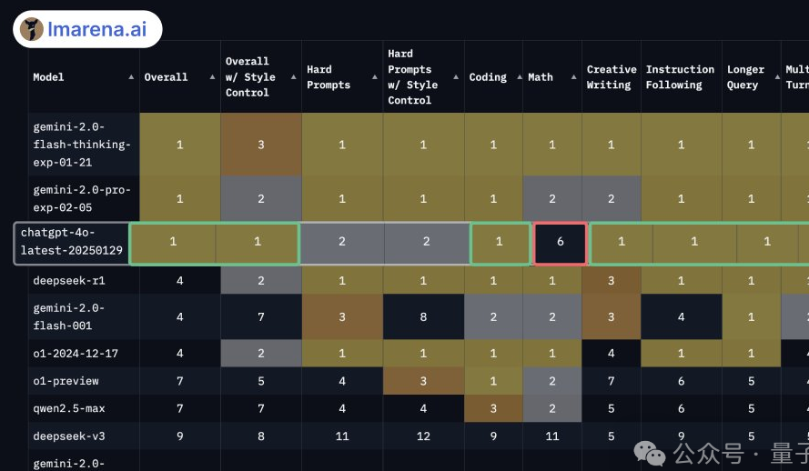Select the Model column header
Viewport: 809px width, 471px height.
tap(48, 77)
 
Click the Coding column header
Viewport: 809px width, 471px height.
tap(488, 77)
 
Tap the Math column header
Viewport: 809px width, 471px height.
tap(541, 77)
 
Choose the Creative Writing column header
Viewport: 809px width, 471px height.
tap(611, 77)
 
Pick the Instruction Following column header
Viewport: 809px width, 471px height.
tap(680, 77)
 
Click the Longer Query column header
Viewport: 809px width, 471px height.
tap(745, 77)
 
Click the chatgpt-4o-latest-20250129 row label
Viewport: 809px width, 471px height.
tap(71, 242)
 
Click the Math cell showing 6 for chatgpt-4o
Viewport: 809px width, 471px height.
tap(560, 242)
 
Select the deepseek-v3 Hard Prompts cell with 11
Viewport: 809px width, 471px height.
tap(342, 436)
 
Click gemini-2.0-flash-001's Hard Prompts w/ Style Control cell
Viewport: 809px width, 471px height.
tap(423, 316)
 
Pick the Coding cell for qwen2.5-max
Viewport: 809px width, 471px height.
tap(493, 408)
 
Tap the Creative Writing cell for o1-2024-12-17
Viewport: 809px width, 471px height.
tap(611, 353)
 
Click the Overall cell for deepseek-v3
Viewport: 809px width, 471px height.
tap(179, 436)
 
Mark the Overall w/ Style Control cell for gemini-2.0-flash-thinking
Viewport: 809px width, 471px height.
tap(260, 145)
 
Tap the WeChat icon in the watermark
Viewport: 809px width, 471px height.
tap(649, 452)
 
